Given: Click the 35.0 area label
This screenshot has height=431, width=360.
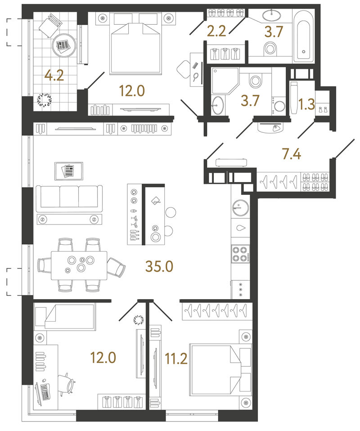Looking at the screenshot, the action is pyautogui.click(x=159, y=266).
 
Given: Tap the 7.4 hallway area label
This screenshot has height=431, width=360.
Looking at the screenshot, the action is pyautogui.click(x=292, y=154).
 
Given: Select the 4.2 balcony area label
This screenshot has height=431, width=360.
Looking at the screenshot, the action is pyautogui.click(x=54, y=75).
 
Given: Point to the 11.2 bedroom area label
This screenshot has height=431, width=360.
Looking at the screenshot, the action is pyautogui.click(x=176, y=359).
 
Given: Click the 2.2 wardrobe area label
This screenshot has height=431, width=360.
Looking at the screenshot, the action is pyautogui.click(x=216, y=31).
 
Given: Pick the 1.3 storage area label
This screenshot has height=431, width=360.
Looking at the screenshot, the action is pyautogui.click(x=306, y=104).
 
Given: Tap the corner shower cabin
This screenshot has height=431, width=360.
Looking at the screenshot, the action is pyautogui.click(x=225, y=81).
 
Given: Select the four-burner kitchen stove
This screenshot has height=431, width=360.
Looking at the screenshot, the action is pyautogui.click(x=240, y=254).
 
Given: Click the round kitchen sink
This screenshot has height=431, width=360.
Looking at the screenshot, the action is pyautogui.click(x=240, y=208).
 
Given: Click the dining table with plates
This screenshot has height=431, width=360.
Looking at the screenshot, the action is pyautogui.click(x=79, y=265).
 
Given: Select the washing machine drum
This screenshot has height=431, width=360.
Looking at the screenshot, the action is pyautogui.click(x=279, y=106).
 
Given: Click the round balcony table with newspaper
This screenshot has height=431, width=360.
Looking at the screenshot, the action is pyautogui.click(x=64, y=45).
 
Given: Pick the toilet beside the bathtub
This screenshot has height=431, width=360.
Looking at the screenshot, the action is pyautogui.click(x=270, y=49).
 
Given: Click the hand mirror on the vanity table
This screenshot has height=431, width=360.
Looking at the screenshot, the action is pyautogui.click(x=196, y=76).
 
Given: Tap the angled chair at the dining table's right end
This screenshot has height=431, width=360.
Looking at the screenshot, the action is pyautogui.click(x=116, y=267).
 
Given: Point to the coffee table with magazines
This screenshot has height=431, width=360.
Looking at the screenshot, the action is pyautogui.click(x=69, y=171).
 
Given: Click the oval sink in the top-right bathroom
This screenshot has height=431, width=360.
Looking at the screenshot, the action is pyautogui.click(x=271, y=15).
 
